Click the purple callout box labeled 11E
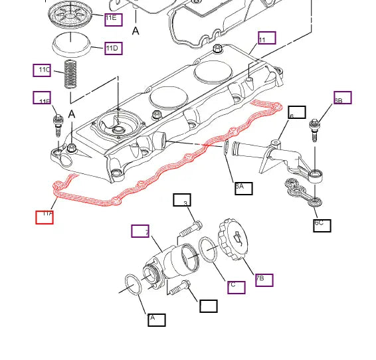tap(113, 19)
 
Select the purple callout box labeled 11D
tap(113, 48)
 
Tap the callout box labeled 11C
tap(42, 70)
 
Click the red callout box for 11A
tap(45, 217)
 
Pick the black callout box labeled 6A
tap(243, 187)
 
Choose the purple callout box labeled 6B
tap(342, 98)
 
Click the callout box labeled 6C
tap(322, 224)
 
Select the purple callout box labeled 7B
tap(264, 279)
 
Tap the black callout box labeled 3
tap(181, 201)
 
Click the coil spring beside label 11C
tap(70, 74)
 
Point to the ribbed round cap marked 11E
tap(70, 13)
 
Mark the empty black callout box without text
tap(209, 306)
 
